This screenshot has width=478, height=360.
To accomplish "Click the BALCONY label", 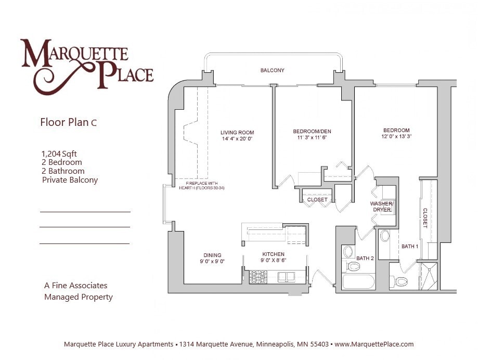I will [x=272, y=70].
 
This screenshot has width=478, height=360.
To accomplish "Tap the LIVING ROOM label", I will [x=237, y=133].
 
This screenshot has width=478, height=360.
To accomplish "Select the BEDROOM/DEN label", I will [x=312, y=132].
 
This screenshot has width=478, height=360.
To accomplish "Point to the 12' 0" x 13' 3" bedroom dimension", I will [x=396, y=137].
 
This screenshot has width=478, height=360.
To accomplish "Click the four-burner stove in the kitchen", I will [x=258, y=276].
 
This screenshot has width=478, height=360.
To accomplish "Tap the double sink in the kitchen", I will [x=286, y=276].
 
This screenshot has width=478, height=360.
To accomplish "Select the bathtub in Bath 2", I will [x=358, y=283].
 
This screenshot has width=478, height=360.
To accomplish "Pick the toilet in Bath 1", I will [x=400, y=282].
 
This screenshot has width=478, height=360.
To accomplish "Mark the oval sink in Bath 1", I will [x=385, y=236].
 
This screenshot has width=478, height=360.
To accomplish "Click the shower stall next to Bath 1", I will [x=429, y=276].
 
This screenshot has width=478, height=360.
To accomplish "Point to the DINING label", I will [x=212, y=255].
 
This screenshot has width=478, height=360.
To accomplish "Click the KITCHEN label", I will [x=273, y=254].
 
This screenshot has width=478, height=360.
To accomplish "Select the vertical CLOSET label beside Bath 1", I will [x=425, y=218].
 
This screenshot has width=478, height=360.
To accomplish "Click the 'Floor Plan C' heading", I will [x=68, y=123].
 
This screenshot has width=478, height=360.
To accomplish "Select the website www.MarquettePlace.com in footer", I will [x=374, y=344].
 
